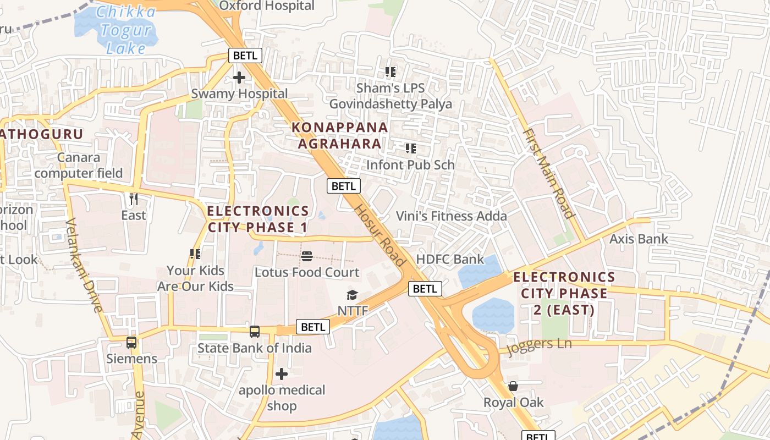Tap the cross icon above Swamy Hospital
tap(239, 78)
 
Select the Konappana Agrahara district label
tap(339, 135)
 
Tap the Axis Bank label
tap(639, 239)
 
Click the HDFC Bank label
tap(450, 259)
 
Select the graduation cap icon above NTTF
tap(352, 295)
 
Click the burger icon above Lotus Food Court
tap(307, 256)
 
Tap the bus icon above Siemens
tap(131, 343)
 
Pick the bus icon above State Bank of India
tap(254, 332)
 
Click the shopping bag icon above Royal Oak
tap(513, 386)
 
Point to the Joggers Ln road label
tap(539, 345)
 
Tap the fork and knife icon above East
tap(133, 198)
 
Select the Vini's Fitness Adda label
tap(452, 216)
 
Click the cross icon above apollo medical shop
tap(282, 375)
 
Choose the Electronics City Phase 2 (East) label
tap(564, 293)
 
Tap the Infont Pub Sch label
tap(410, 164)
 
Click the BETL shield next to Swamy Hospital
tap(245, 56)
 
